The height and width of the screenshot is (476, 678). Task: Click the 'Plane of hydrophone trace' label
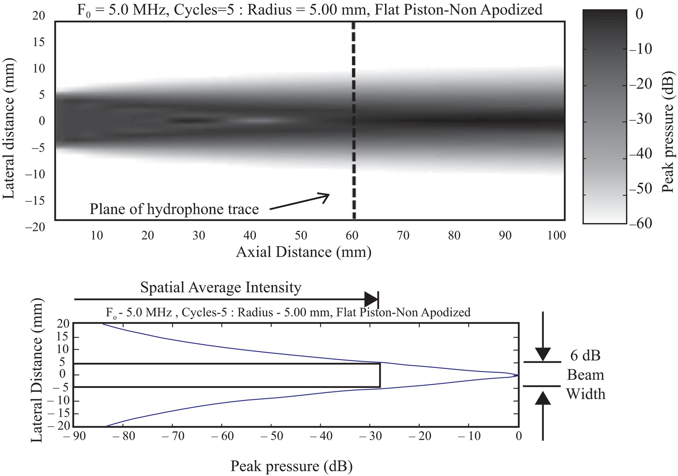point(174,209)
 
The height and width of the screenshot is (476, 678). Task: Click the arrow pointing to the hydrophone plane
point(299,202)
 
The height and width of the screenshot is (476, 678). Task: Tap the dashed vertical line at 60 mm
point(353,116)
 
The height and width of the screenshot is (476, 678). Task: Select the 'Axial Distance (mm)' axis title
point(303,252)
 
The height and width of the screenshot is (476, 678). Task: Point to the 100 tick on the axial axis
point(557,235)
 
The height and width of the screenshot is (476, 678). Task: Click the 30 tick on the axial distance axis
point(199,235)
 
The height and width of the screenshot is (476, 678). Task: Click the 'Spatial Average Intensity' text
point(220,288)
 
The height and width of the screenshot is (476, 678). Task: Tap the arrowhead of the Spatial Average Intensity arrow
point(371,299)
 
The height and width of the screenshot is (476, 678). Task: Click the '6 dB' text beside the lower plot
point(585,355)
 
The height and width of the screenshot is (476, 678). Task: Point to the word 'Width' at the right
point(586,394)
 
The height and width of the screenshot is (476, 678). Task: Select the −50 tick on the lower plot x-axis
point(271,436)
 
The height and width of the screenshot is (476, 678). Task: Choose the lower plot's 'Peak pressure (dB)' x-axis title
point(291,466)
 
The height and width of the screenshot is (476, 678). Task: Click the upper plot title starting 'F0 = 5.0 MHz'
point(309,9)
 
